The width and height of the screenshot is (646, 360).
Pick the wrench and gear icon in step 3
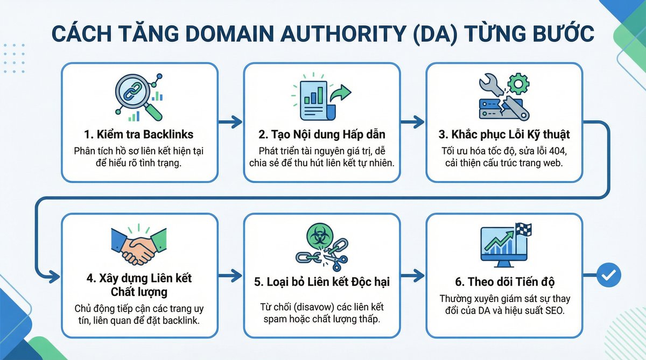coord(504,96)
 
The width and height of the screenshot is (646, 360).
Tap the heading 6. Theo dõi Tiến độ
coord(504,281)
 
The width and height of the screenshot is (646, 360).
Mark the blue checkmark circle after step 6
coord(609,276)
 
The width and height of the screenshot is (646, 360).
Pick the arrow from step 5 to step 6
coord(412,276)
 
